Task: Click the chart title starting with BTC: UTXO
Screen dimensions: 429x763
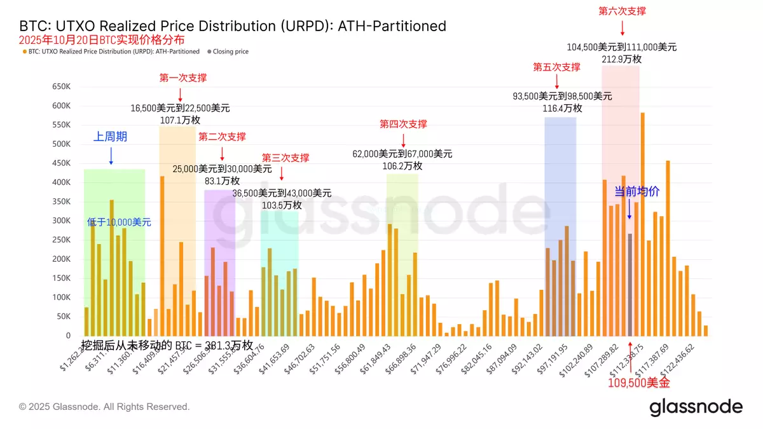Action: (x=233, y=26)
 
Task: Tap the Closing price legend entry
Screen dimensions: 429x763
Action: (x=230, y=51)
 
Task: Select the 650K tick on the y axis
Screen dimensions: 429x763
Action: (x=60, y=86)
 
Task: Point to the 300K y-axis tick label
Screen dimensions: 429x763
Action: (x=60, y=221)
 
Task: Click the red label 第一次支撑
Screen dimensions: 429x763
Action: (x=182, y=78)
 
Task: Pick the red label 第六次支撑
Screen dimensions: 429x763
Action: (x=622, y=11)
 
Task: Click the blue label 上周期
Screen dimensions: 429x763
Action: (x=111, y=136)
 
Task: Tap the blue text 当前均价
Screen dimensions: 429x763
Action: (x=637, y=191)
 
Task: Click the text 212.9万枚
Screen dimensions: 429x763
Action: (x=622, y=58)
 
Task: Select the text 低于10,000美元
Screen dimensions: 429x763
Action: (x=119, y=222)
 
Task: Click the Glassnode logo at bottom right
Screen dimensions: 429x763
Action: (x=696, y=407)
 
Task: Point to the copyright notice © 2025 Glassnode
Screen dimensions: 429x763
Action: (x=104, y=407)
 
